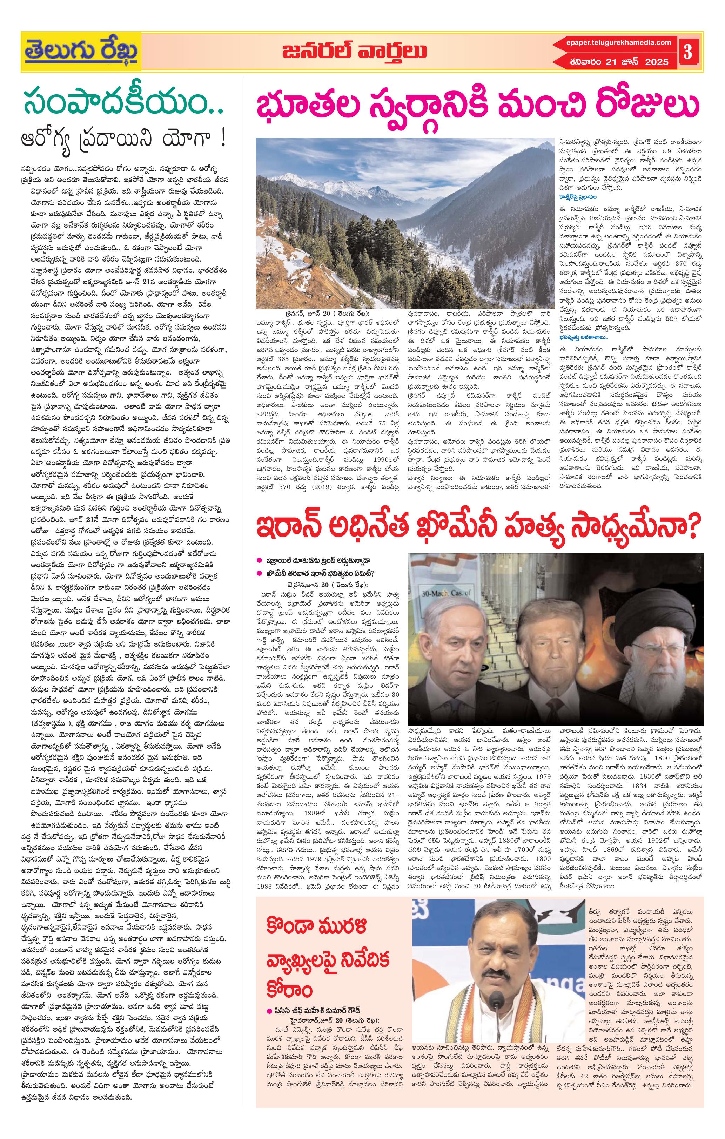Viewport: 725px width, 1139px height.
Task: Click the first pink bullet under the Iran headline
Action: (259, 560)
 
